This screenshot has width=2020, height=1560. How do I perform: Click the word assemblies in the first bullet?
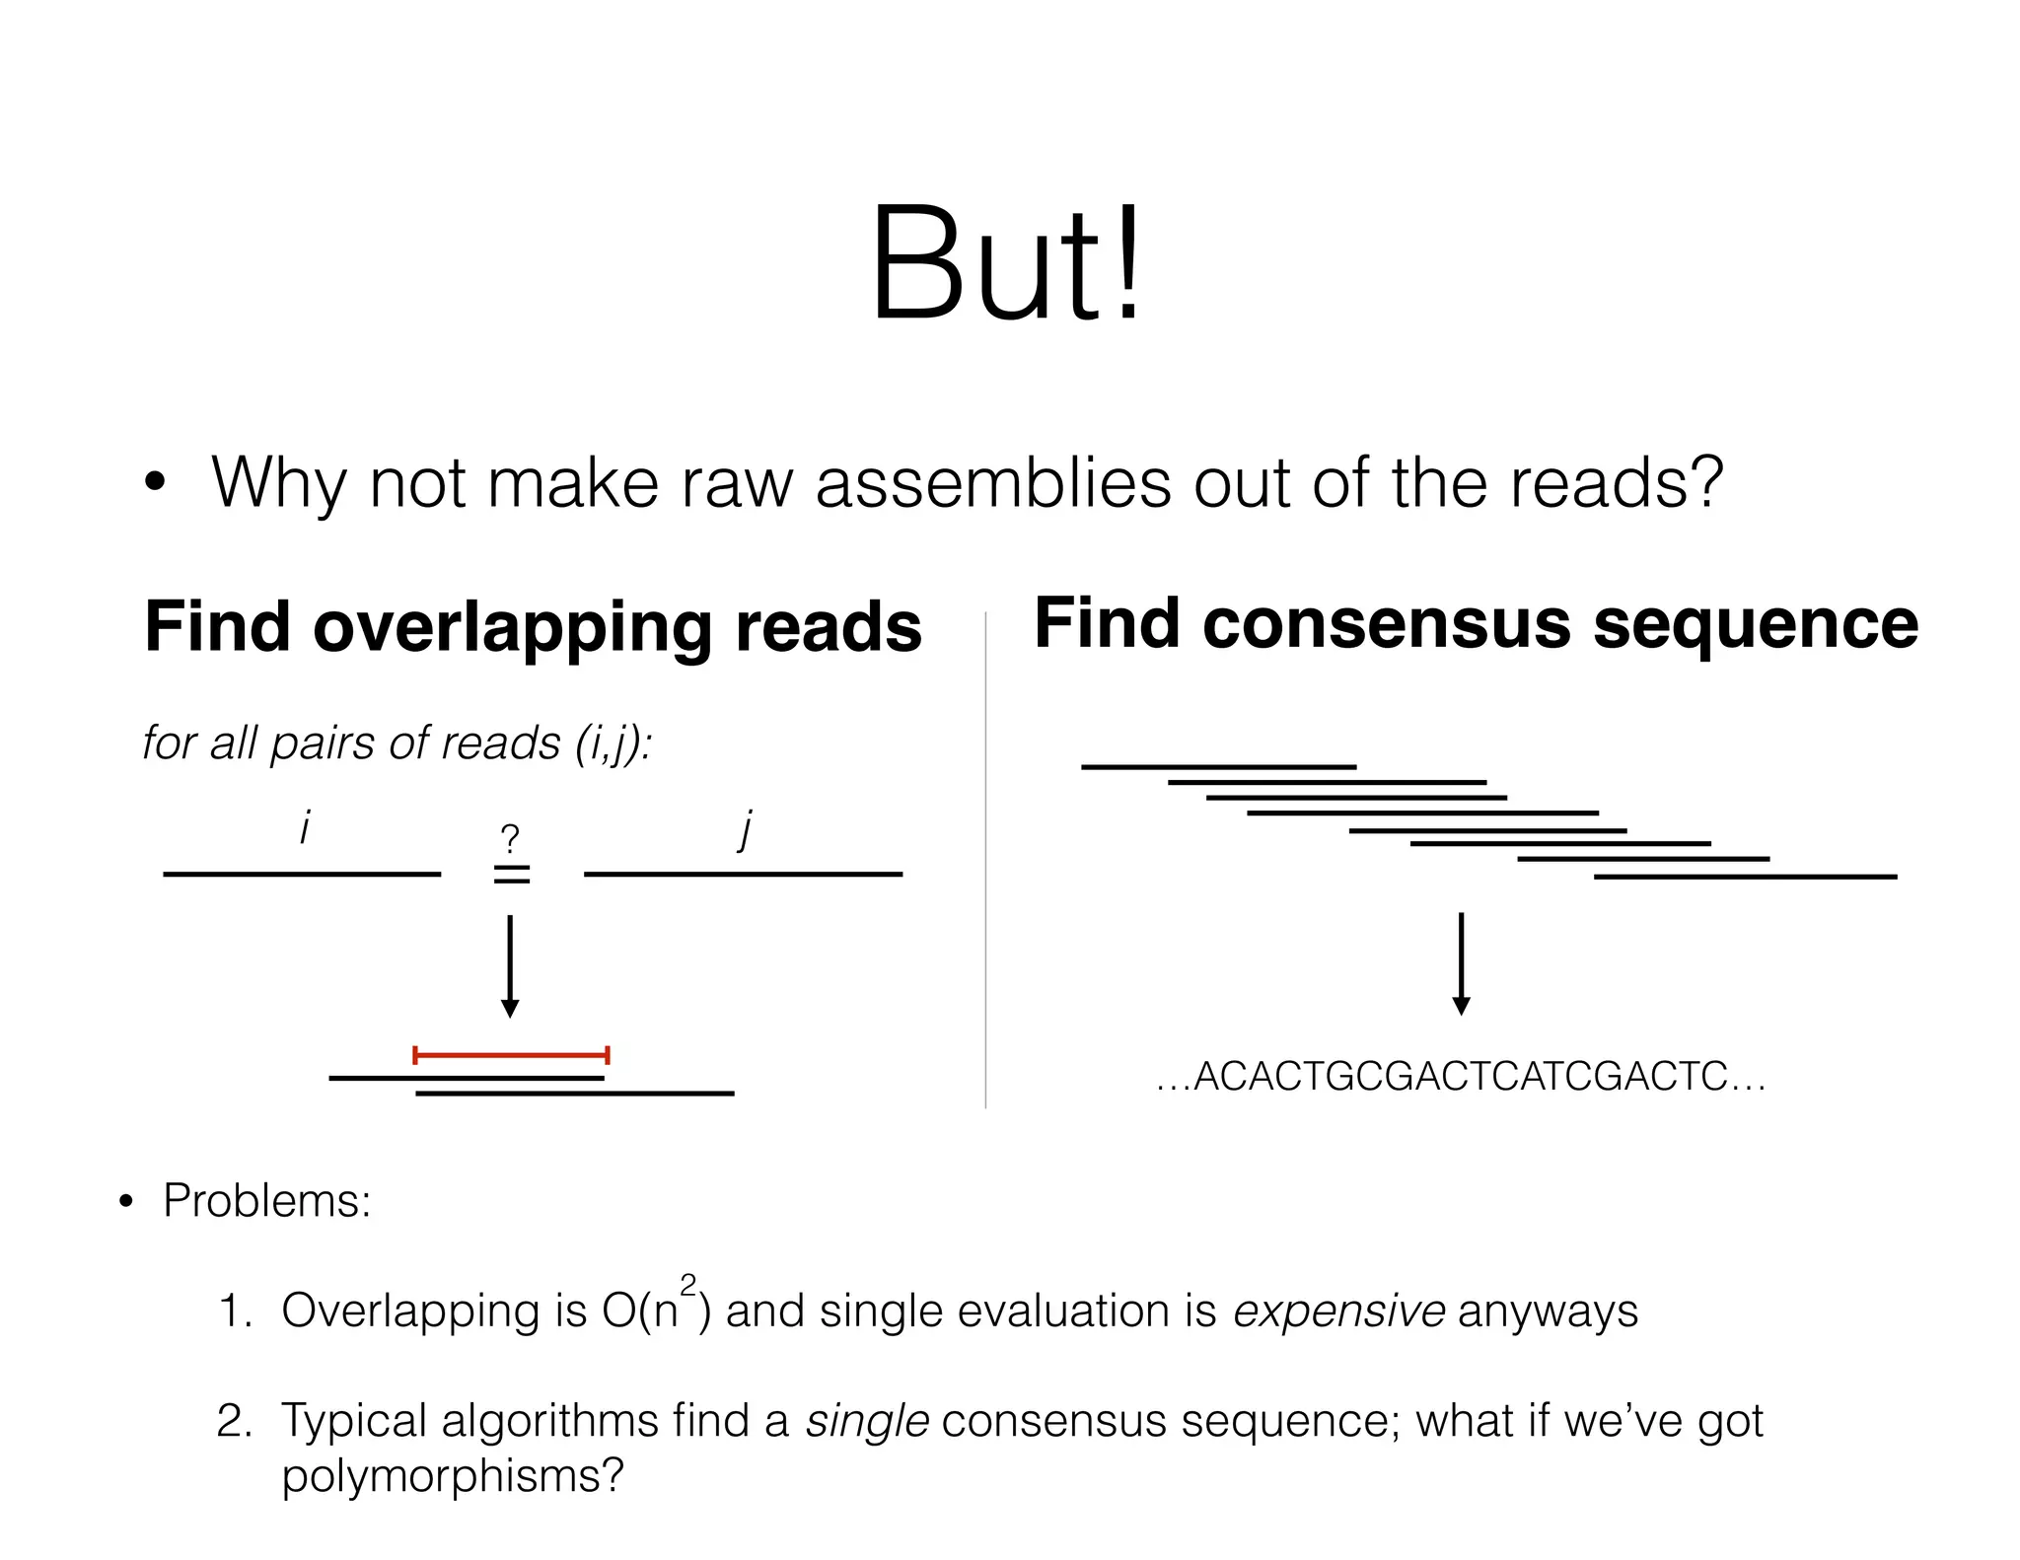click(x=994, y=483)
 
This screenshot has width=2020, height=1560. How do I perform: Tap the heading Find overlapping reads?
click(x=533, y=627)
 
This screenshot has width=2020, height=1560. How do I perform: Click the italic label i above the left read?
click(x=305, y=828)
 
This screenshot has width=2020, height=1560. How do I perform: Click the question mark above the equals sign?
click(x=510, y=839)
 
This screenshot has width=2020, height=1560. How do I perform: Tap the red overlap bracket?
click(x=511, y=1055)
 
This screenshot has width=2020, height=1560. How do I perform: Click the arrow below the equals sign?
click(x=510, y=966)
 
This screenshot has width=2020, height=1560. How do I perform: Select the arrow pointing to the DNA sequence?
click(x=1462, y=964)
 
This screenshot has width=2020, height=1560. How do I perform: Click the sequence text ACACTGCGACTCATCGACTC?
click(x=1461, y=1077)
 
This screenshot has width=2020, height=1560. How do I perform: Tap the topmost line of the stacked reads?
click(x=1218, y=766)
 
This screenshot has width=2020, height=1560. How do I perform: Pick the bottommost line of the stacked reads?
click(x=1745, y=876)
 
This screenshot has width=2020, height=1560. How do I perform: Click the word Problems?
click(x=266, y=1201)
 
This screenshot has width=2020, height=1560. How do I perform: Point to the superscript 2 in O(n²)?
click(x=688, y=1285)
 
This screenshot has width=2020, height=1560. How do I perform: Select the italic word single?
click(x=867, y=1421)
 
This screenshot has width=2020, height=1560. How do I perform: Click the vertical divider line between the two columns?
click(x=985, y=858)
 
